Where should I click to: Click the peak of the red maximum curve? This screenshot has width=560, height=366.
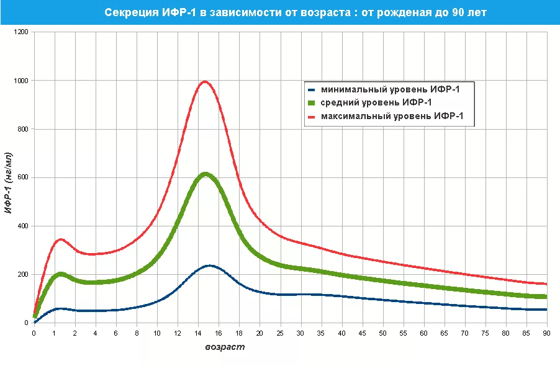[x=204, y=81]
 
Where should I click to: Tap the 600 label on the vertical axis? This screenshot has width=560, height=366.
[x=23, y=177]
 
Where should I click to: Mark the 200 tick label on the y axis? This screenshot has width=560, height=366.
[x=23, y=274]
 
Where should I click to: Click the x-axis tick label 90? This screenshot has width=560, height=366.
[x=547, y=333]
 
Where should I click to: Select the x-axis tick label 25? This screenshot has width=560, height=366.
[x=281, y=333]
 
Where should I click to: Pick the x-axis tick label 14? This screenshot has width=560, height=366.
[x=199, y=333]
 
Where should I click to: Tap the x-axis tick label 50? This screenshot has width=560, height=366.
[x=383, y=333]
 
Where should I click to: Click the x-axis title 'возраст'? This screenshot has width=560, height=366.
[x=225, y=347]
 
